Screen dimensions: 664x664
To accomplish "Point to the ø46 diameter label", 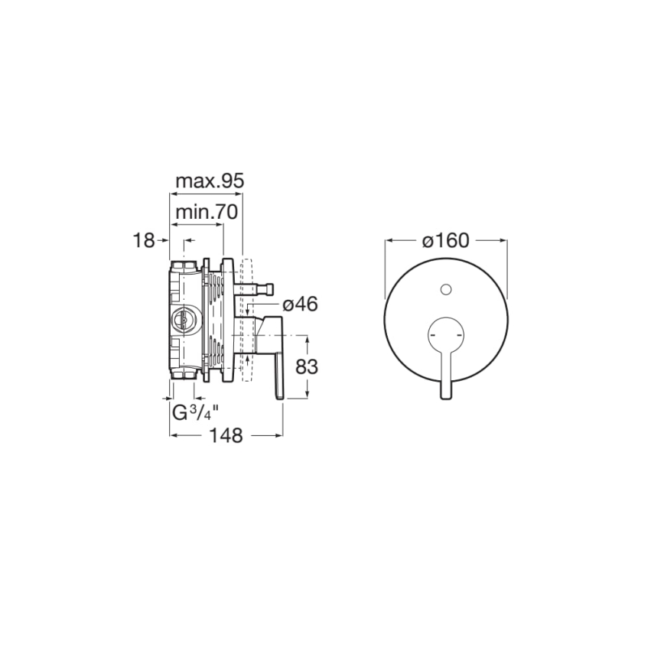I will point(299,304).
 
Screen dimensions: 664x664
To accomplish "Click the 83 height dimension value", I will point(306,366).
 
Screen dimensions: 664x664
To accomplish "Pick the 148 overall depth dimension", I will point(226,435).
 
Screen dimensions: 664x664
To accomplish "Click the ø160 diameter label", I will point(445,240).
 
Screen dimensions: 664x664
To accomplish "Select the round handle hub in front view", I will point(446,334).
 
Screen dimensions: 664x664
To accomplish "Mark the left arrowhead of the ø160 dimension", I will point(389,240).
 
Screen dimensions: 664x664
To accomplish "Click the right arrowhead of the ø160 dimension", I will point(503,240).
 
